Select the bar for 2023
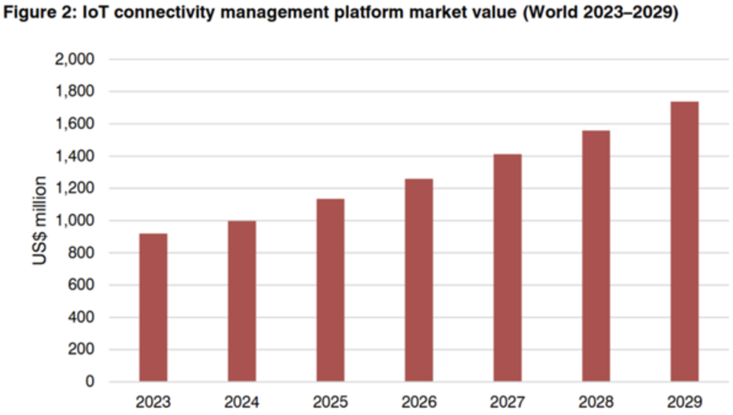153,307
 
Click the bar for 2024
242,301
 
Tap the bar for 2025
330,290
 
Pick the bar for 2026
419,280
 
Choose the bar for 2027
507,268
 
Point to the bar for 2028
595,256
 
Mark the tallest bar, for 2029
685,241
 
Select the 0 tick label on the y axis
90,382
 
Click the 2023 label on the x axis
153,403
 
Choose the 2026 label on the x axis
419,403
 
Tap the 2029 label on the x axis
685,403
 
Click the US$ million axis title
41,220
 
